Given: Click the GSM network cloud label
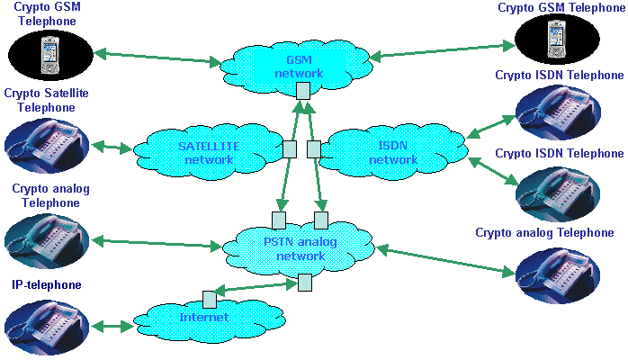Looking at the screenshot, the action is (x=299, y=67).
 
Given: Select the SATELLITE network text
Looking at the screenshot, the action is (x=209, y=153).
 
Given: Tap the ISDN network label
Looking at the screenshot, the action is (x=393, y=153).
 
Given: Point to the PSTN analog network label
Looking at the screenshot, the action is (x=300, y=249).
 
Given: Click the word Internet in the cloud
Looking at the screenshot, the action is (x=204, y=318).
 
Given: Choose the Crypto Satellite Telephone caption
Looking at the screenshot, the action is (x=46, y=100).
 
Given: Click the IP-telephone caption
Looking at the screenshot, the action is (x=47, y=285).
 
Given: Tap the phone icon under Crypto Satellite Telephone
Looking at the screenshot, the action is (x=47, y=146).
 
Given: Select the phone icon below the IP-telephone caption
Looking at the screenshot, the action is (x=47, y=328).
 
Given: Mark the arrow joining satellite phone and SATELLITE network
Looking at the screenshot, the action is (x=112, y=147).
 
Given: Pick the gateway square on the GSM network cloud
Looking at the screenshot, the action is (x=303, y=91).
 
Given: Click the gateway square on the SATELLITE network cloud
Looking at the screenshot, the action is (x=290, y=149).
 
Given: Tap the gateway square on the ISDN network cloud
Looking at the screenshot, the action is (x=314, y=149).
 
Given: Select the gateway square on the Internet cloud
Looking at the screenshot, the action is (x=209, y=300).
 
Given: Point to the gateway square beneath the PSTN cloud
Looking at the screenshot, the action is (x=305, y=283).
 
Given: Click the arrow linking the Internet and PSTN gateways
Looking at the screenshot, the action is (x=256, y=287).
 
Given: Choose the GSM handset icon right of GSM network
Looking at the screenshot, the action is (x=557, y=40).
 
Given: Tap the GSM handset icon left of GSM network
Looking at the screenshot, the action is (x=51, y=55).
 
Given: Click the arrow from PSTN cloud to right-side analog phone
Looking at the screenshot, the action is (x=445, y=261).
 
